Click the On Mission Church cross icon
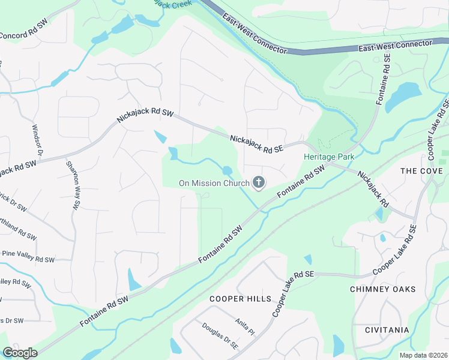[x=259, y=182]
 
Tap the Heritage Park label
[x=329, y=157]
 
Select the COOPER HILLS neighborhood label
[x=235, y=298]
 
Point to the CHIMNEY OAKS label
[x=382, y=289]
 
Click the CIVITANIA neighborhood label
[x=387, y=330]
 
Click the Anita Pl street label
[x=245, y=328]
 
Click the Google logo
[x=20, y=353]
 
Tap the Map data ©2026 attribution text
[x=423, y=355]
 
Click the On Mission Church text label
[x=214, y=183]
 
